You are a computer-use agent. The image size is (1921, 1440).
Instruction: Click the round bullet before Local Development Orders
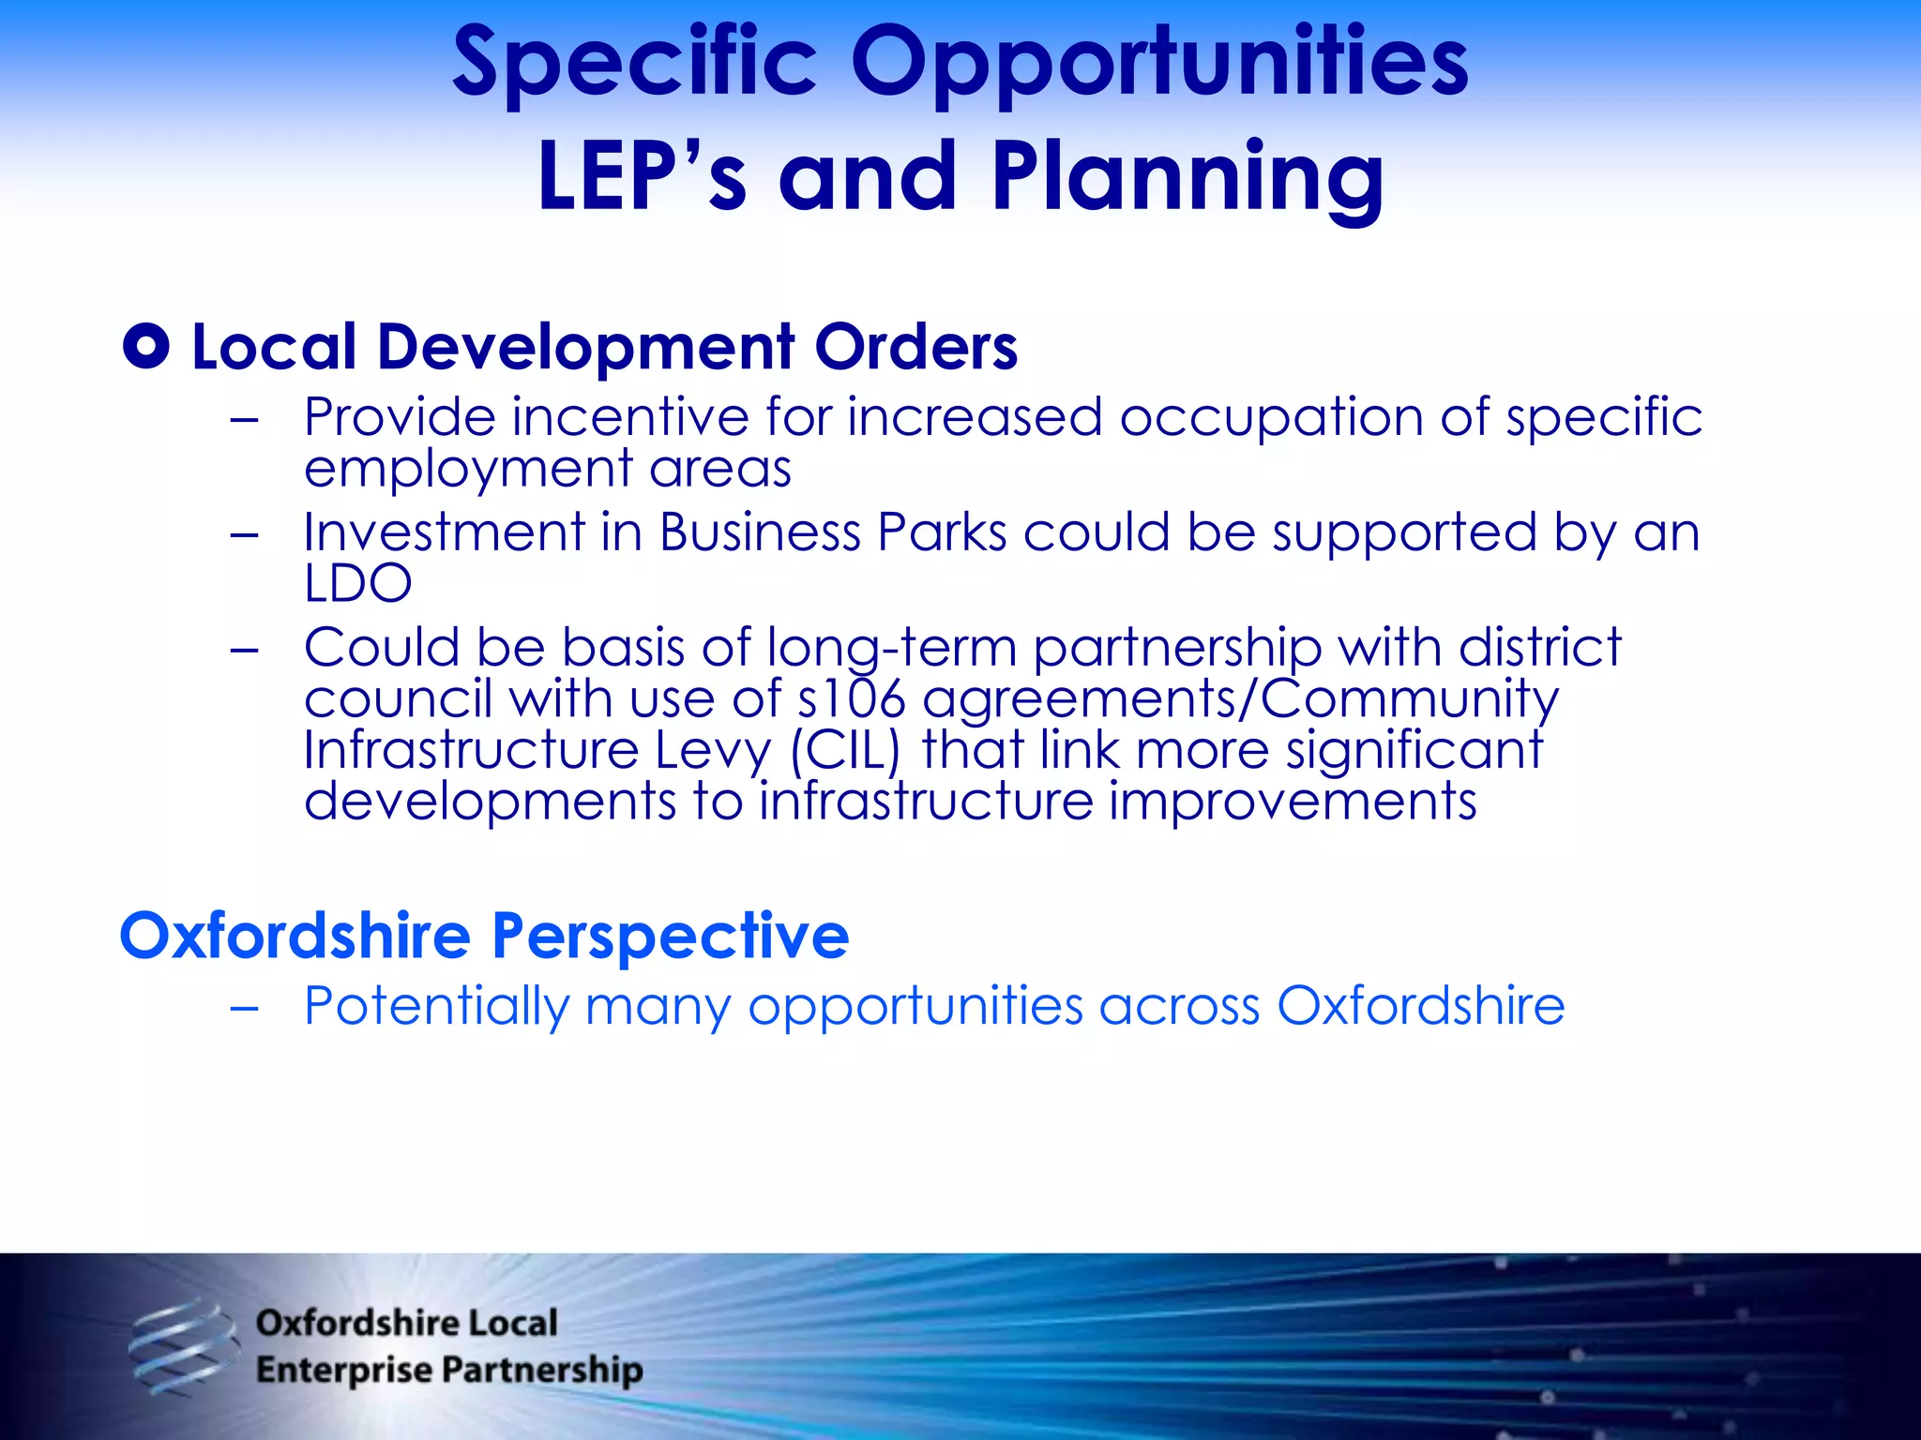click(146, 347)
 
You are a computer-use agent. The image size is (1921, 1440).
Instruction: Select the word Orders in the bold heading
click(915, 347)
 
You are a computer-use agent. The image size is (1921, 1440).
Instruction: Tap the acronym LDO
click(357, 583)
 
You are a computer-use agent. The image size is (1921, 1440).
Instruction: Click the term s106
click(851, 699)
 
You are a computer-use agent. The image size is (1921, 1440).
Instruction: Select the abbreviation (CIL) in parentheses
click(845, 750)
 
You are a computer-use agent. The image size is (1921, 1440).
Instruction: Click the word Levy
click(713, 752)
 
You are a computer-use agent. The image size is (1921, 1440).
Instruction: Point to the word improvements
click(1293, 802)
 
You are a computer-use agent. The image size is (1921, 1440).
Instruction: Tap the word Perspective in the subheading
click(671, 936)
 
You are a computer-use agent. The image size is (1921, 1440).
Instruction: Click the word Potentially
click(436, 1007)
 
